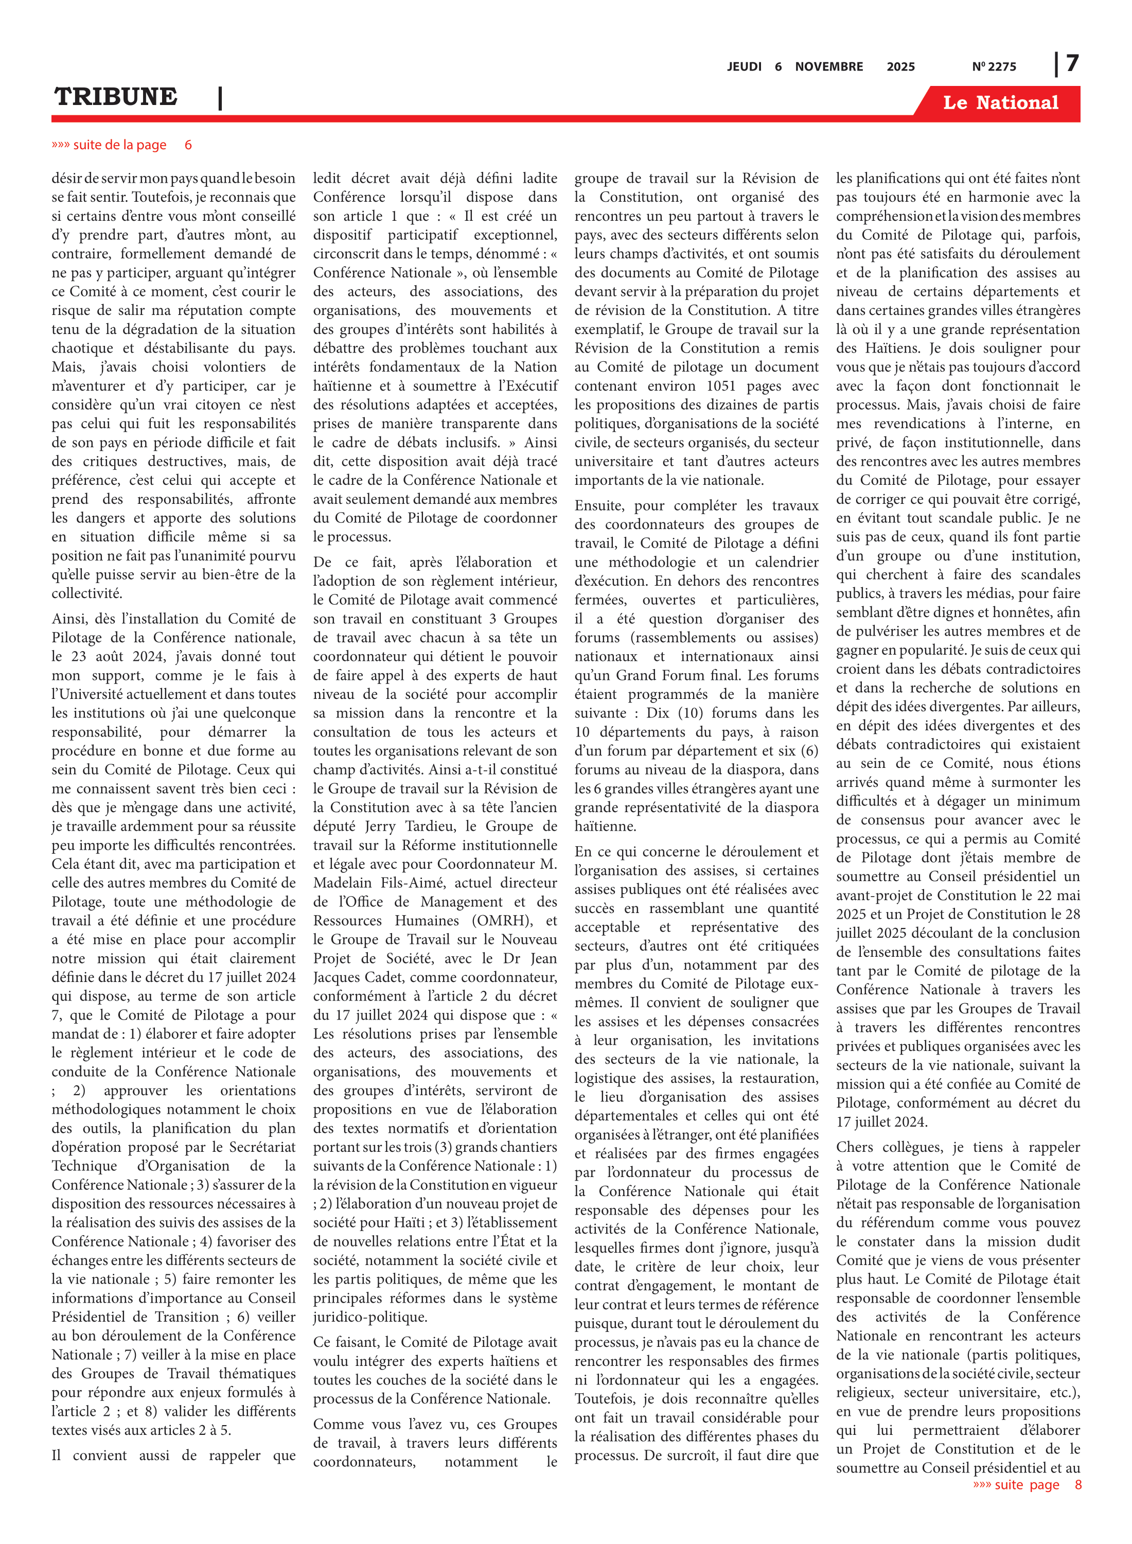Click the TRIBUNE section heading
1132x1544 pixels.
(116, 97)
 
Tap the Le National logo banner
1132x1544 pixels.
(1000, 103)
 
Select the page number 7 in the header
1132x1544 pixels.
(1072, 64)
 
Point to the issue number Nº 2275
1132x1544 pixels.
(994, 66)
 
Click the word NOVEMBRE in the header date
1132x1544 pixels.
(828, 66)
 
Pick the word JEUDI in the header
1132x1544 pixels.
(744, 66)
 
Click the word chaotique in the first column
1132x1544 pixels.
(82, 348)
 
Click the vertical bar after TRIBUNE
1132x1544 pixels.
(220, 98)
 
